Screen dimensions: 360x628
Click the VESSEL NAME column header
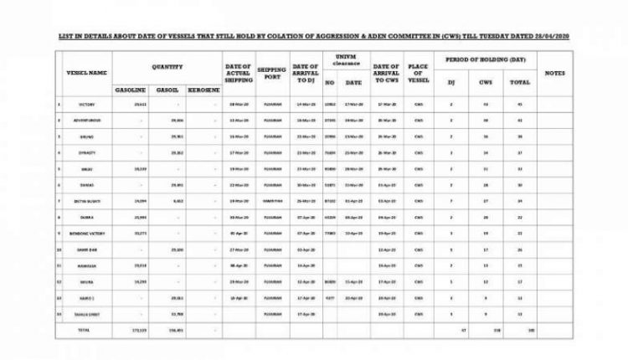(x=87, y=73)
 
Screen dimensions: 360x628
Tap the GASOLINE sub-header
(x=130, y=88)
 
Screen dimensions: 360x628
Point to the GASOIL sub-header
(x=167, y=88)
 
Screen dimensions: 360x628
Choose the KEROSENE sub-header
(x=203, y=88)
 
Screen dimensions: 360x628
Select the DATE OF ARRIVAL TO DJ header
(x=306, y=72)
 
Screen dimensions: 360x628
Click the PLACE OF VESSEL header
(x=419, y=72)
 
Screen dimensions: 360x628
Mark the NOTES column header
(x=555, y=73)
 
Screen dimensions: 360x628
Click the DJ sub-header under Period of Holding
(x=451, y=82)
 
